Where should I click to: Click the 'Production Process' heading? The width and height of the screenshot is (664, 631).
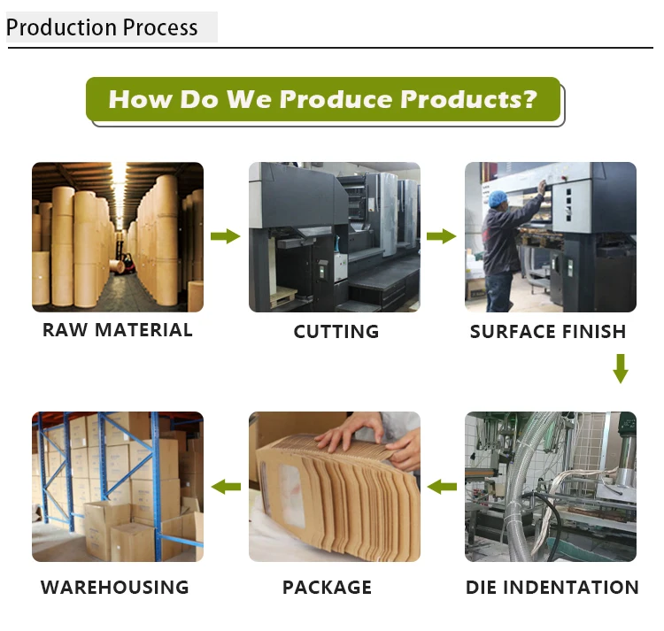click(102, 27)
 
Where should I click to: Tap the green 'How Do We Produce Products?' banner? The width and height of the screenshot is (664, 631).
click(323, 99)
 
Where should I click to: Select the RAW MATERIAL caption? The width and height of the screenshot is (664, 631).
click(118, 330)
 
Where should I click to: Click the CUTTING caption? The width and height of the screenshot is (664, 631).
click(336, 332)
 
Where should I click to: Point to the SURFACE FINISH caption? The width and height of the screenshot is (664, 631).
click(548, 332)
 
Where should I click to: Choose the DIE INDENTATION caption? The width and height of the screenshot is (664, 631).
click(552, 587)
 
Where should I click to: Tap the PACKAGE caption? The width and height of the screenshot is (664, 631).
click(327, 587)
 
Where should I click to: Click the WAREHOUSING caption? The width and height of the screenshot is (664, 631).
click(115, 587)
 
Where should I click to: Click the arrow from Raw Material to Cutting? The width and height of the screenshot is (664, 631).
click(226, 236)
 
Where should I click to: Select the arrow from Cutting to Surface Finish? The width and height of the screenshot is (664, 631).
click(442, 236)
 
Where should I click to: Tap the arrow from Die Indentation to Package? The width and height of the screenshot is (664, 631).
click(442, 486)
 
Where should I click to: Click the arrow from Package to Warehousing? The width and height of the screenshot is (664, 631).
click(226, 486)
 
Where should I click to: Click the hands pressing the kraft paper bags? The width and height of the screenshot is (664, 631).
click(354, 438)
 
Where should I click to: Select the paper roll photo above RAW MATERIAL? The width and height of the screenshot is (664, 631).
click(118, 236)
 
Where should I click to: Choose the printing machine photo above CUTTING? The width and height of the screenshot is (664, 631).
click(335, 236)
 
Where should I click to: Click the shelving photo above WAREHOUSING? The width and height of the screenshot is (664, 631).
click(118, 486)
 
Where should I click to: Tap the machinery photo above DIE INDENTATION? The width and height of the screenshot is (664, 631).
click(551, 486)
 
